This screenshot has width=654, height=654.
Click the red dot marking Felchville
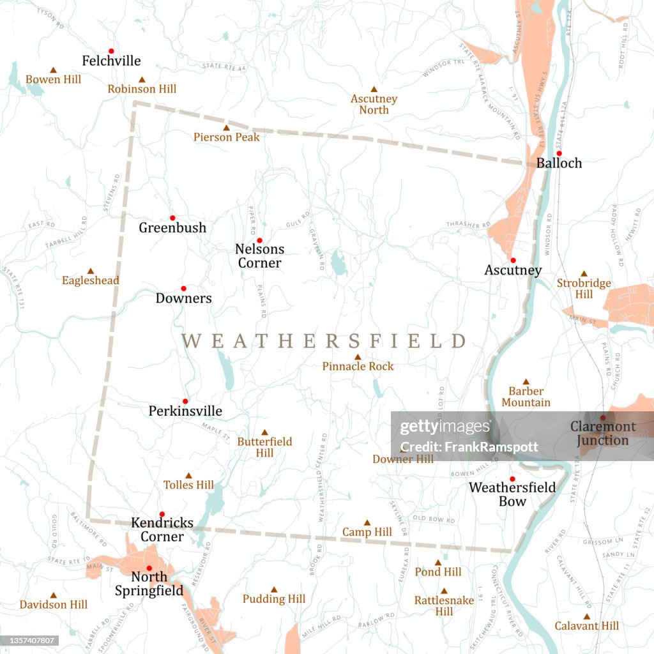(111, 51)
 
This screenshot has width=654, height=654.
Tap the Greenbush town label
(172, 227)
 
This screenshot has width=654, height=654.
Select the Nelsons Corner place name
(259, 255)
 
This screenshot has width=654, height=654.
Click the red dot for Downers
(183, 289)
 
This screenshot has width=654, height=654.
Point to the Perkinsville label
(185, 411)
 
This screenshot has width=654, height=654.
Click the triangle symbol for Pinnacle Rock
(358, 357)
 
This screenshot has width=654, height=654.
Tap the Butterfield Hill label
(264, 447)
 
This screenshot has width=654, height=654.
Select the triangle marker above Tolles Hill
(188, 476)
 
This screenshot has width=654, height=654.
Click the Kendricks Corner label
(162, 529)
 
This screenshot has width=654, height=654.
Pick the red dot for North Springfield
(149, 568)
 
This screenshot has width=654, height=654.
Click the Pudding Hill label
(274, 599)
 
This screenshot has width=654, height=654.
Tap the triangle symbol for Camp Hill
(367, 522)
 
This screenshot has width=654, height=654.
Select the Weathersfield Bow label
(512, 494)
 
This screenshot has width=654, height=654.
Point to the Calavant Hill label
(586, 626)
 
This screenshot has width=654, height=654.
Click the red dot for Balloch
(559, 153)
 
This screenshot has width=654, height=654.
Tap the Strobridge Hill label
(584, 289)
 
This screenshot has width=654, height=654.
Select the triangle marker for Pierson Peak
(226, 128)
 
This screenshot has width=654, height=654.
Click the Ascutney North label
(374, 104)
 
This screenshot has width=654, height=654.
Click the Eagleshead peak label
(90, 280)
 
